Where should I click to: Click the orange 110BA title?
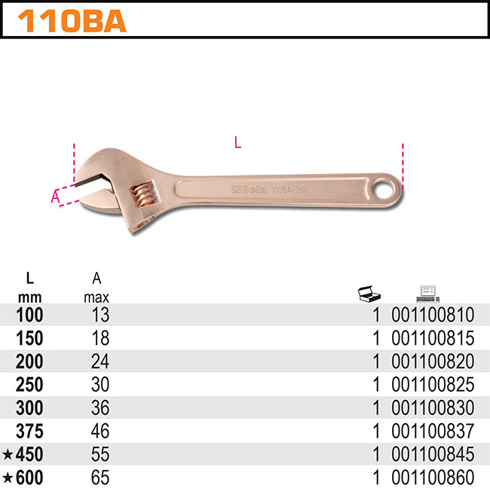coord(72,21)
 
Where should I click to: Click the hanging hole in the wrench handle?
coord(384,190)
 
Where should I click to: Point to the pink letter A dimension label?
coord(55,197)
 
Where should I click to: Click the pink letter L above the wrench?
coord(237,142)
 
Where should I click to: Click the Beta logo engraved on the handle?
coord(250,190)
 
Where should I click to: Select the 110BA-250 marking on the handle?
coord(290,191)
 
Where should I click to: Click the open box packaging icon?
coord(369,294)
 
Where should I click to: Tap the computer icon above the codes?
coord(427,294)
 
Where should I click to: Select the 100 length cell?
coord(29,315)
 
